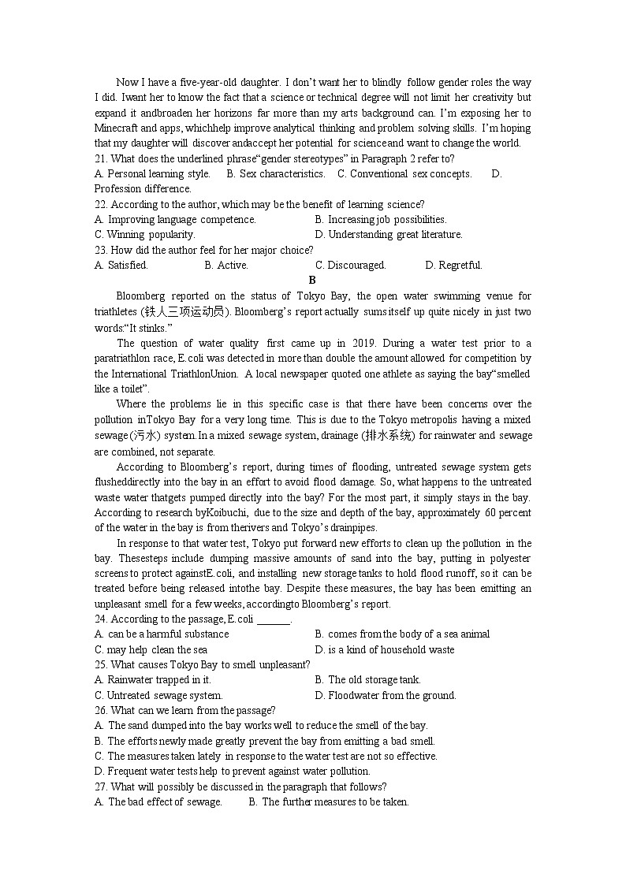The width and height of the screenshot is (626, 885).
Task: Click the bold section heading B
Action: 312,280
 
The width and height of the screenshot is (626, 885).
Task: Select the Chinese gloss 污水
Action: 143,436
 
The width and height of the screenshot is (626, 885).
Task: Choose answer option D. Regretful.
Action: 453,266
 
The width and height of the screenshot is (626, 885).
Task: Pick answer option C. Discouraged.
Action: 350,266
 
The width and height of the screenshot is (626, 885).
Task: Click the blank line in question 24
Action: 274,619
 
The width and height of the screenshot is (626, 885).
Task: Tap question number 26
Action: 101,710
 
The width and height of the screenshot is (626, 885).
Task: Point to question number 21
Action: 101,158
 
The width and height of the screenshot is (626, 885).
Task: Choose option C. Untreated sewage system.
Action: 158,695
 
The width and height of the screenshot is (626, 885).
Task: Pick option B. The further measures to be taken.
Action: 329,802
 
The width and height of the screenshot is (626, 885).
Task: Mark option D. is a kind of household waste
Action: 384,650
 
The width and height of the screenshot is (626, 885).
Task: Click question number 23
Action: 101,251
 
